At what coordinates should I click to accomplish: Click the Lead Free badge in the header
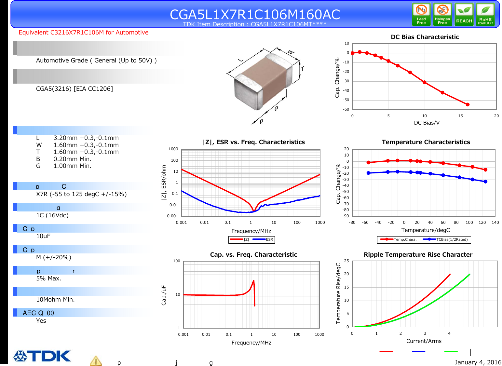(421, 14)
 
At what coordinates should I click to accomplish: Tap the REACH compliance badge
(464, 14)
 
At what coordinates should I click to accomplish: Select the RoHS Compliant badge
(485, 14)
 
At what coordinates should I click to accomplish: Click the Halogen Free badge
(442, 14)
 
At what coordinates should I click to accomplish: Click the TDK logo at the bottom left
(42, 356)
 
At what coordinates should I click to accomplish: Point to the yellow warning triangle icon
(96, 361)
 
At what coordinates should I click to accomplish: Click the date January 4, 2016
(478, 362)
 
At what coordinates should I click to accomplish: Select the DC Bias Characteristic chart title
(425, 37)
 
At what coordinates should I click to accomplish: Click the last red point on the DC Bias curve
(468, 104)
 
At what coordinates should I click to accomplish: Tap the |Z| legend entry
(239, 239)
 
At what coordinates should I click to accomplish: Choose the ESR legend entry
(264, 239)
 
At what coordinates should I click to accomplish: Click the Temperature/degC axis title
(425, 230)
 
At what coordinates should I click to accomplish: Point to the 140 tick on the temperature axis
(495, 223)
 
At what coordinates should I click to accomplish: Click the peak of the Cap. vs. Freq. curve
(253, 280)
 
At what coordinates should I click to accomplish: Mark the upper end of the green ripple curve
(469, 274)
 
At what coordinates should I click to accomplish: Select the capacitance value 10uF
(43, 236)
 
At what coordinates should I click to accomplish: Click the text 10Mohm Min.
(55, 300)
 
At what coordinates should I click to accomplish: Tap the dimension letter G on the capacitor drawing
(276, 108)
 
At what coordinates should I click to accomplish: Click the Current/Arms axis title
(424, 341)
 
